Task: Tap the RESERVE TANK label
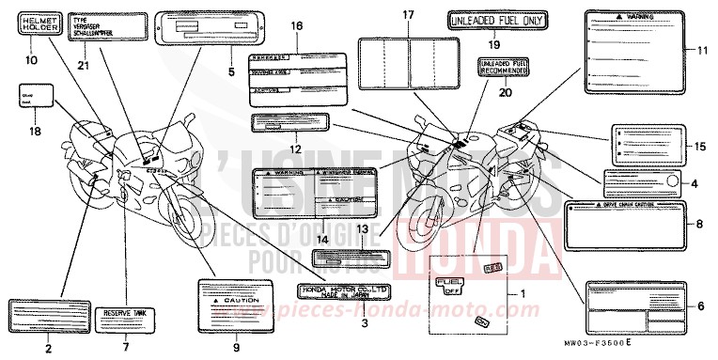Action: click(127, 313)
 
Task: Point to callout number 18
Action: click(36, 133)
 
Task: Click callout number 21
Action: click(85, 64)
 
